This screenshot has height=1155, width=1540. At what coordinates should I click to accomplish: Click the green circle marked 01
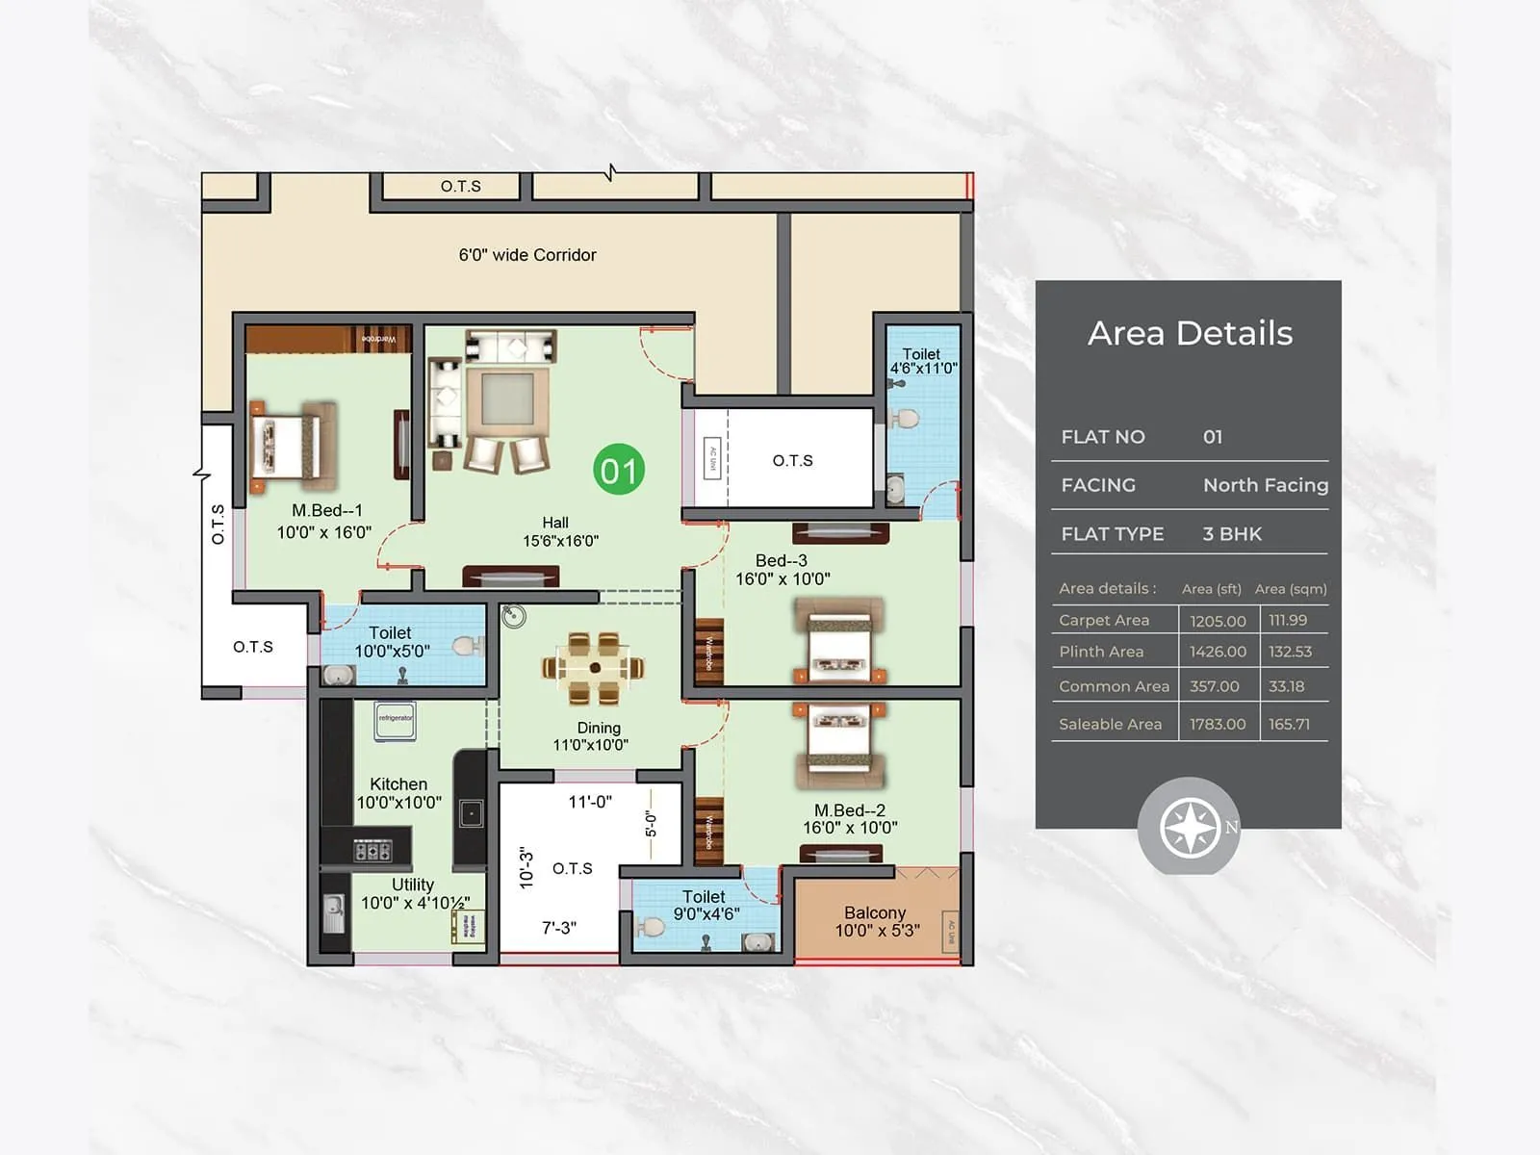click(x=618, y=470)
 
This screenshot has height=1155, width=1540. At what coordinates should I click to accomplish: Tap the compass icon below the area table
click(x=1190, y=828)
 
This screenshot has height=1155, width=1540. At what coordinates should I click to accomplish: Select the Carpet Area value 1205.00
click(x=1218, y=621)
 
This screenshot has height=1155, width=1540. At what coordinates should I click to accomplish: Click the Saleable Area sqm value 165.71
click(x=1289, y=724)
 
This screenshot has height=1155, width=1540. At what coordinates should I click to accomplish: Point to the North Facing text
click(x=1265, y=485)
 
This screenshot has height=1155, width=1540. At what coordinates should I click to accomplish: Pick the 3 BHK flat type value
click(x=1231, y=533)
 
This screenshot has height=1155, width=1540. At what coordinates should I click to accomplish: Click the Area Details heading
click(x=1190, y=333)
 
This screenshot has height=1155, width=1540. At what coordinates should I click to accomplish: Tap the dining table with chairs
click(x=594, y=668)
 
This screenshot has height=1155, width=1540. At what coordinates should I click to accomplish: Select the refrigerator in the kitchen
click(x=395, y=720)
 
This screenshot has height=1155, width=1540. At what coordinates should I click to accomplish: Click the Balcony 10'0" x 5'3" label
click(x=876, y=921)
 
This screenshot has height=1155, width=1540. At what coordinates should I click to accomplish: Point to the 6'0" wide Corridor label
click(x=527, y=255)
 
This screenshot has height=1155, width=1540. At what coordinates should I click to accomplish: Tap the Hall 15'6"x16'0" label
click(x=559, y=531)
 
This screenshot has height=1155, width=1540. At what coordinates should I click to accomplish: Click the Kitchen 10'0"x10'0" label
click(x=398, y=793)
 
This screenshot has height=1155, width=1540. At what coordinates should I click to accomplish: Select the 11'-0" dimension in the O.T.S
click(x=589, y=802)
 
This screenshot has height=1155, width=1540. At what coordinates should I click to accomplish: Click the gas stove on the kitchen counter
click(x=372, y=851)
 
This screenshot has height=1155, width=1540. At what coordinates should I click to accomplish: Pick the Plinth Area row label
click(x=1101, y=652)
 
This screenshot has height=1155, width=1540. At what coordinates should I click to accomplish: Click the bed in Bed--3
click(x=839, y=639)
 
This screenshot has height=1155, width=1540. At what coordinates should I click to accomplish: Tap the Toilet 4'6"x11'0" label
click(x=923, y=361)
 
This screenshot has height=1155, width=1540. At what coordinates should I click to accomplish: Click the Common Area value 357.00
click(x=1214, y=686)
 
